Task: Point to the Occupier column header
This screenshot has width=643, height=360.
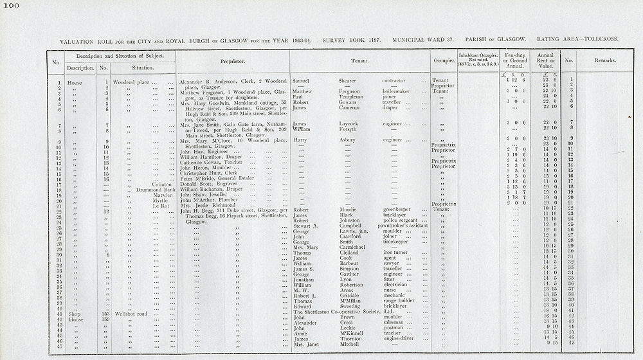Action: click(x=443, y=62)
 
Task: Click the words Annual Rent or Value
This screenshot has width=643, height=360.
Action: click(x=545, y=60)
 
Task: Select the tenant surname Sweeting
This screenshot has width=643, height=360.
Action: click(x=351, y=306)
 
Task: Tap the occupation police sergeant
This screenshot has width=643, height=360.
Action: click(x=401, y=221)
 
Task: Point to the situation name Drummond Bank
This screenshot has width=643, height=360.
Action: click(x=156, y=190)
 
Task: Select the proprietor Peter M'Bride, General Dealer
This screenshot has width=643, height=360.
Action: click(x=215, y=179)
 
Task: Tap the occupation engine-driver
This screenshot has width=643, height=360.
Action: click(x=401, y=339)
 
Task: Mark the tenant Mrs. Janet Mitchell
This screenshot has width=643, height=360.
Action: click(x=325, y=345)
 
